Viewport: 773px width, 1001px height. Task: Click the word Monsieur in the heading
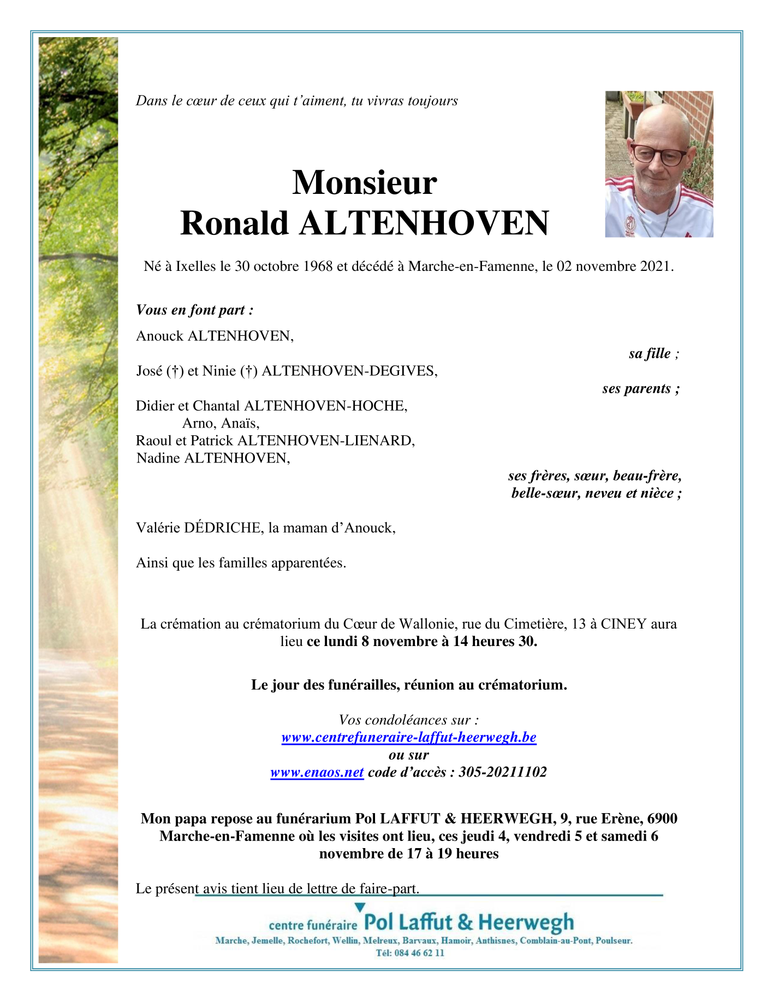(364, 182)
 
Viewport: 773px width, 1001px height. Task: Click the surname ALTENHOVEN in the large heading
(423, 223)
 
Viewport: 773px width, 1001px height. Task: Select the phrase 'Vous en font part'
(194, 310)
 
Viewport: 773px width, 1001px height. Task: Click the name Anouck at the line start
(159, 336)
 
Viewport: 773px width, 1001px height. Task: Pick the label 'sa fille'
(653, 354)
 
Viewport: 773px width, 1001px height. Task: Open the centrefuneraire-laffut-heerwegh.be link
(409, 738)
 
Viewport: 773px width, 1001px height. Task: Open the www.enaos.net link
(317, 773)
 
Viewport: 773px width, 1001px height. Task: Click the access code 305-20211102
(502, 773)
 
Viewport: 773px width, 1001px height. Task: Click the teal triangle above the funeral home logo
(359, 908)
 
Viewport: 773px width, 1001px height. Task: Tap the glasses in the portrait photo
(658, 155)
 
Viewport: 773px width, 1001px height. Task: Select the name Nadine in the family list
(158, 458)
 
